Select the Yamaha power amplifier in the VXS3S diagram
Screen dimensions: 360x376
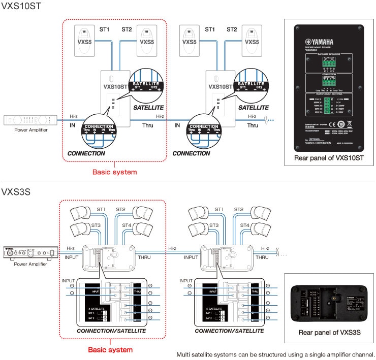tap(30, 253)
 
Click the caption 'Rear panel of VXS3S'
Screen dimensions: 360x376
tap(329, 332)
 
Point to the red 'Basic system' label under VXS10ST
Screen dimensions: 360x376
tap(114, 172)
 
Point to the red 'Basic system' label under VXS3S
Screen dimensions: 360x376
tap(110, 349)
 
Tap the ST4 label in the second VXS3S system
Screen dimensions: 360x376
tap(244, 224)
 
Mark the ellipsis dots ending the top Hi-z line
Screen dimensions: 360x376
tap(270, 120)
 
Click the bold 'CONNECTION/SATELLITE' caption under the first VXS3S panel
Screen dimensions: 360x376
tap(111, 331)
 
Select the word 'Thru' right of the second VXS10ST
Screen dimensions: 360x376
tap(253, 125)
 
